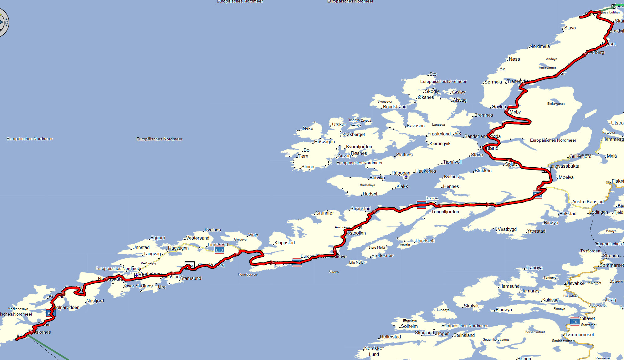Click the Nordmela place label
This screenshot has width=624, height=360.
tap(540, 46)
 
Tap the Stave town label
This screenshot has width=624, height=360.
tap(570, 28)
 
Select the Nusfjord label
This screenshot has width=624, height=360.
tap(95, 301)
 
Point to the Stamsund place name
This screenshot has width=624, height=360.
tap(191, 278)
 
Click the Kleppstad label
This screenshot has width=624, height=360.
tap(284, 243)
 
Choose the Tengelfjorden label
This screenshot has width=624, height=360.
tap(445, 212)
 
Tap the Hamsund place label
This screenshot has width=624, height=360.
tap(509, 286)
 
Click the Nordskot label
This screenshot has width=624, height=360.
tap(374, 348)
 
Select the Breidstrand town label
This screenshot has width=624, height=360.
tap(395, 107)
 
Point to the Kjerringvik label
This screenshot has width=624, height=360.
tap(440, 144)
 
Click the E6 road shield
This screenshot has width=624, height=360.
tap(575, 322)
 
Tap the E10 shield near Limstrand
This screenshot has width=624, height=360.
tap(219, 250)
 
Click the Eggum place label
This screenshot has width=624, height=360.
tap(158, 238)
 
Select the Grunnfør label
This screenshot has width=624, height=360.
tap(325, 213)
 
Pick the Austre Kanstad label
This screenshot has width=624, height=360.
tap(588, 202)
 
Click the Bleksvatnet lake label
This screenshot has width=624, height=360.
tap(556, 104)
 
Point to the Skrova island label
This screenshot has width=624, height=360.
tap(334, 272)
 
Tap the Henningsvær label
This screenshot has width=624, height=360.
tap(248, 275)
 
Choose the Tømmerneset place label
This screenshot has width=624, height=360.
tap(579, 335)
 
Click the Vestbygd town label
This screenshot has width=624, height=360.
tap(507, 229)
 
